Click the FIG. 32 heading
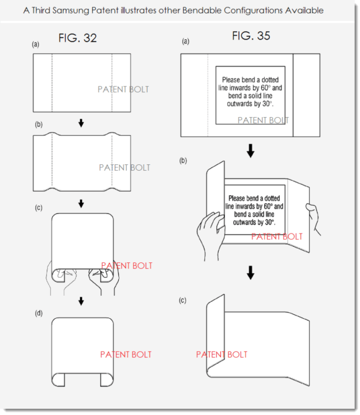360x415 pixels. [78, 38]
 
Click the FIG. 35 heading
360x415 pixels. [251, 36]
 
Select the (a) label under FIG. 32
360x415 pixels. [36, 44]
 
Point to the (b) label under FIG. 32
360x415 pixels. [39, 124]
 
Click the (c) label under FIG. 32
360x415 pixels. [39, 207]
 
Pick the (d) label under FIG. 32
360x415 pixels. [39, 314]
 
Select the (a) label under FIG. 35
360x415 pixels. [186, 41]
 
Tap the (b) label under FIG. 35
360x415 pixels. [183, 161]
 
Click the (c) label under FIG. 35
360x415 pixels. [182, 300]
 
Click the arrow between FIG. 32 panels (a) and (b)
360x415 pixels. [81, 123]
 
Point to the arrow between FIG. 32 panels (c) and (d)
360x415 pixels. [81, 301]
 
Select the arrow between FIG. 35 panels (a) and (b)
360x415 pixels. [250, 151]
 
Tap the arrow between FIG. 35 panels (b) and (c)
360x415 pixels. [250, 273]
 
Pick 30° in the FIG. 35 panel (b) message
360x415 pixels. [270, 222]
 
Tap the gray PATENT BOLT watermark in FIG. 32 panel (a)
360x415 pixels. [123, 89]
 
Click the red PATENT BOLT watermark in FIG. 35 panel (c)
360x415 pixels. [222, 354]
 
